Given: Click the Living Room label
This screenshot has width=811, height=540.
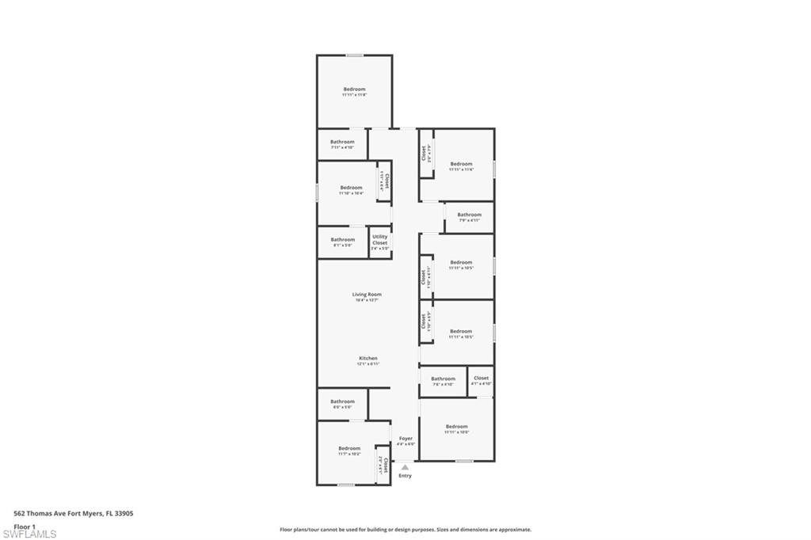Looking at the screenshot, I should tap(367, 295).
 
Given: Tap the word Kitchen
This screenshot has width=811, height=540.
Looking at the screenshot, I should tap(367, 359).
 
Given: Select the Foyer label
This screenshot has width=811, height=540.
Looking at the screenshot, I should tap(405, 439).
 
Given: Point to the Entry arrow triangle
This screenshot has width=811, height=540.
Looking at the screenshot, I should tap(405, 468).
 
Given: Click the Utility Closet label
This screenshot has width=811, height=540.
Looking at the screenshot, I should tap(380, 240).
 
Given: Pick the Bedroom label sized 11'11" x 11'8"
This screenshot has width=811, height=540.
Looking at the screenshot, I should tap(354, 89).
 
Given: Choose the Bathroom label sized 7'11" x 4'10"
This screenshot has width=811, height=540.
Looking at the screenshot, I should tap(342, 142).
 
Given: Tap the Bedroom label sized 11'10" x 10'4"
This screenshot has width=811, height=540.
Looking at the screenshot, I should tap(351, 188).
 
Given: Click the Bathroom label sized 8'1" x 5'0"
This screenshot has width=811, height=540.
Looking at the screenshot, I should tap(343, 240).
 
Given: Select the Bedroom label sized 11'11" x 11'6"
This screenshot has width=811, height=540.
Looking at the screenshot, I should tap(461, 164).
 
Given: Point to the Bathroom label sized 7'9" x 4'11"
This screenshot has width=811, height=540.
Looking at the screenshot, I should tap(469, 215).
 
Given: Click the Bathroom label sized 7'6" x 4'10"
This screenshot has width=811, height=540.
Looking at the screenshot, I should tap(444, 378).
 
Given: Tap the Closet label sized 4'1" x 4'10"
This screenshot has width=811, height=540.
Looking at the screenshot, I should tap(481, 378).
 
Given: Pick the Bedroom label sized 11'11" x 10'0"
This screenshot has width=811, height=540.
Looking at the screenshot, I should tap(456, 427).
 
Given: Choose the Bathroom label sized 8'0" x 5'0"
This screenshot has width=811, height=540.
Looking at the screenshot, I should tap(343, 401).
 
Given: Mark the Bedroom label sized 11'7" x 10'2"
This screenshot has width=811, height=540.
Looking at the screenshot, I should tap(349, 448).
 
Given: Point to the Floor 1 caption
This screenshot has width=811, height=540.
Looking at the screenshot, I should tap(25, 526).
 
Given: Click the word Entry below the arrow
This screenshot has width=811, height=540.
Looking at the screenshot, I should tap(405, 476).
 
